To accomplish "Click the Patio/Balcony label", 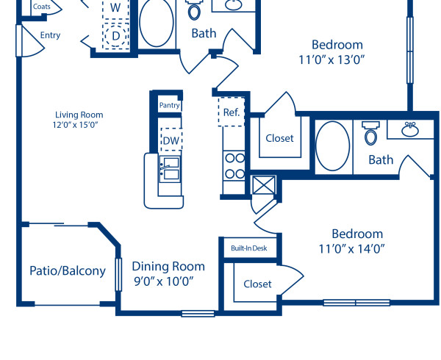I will point(68,271).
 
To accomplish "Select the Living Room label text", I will point(79,115).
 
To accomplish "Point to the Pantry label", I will point(170,106).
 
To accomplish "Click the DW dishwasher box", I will point(171,140).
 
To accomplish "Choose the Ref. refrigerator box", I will point(230,112).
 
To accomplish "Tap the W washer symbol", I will point(115,7).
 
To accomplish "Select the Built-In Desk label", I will point(248,248).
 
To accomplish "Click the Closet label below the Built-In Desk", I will point(257,284).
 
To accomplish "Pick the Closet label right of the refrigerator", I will point(279,138).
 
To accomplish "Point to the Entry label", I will point(51,35).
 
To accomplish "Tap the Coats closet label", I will point(41,7).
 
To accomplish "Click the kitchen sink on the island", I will point(170,168).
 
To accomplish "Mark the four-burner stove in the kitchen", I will point(234,165).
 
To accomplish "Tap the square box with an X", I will point(262,185).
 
